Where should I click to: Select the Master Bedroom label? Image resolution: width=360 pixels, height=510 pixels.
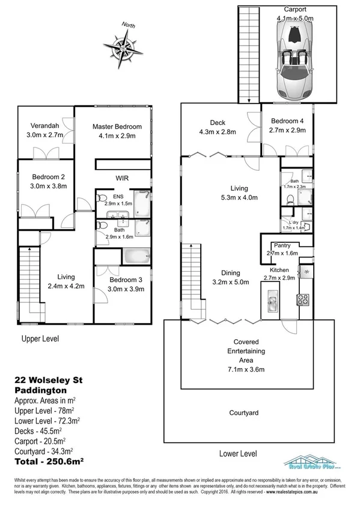[117, 126]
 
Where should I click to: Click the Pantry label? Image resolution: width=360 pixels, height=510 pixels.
[282, 245]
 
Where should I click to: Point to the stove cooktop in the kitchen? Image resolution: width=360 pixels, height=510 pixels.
[302, 299]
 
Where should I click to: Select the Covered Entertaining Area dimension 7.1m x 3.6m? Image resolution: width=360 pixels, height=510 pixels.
[246, 369]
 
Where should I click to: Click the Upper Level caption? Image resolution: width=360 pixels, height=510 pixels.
[40, 339]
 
